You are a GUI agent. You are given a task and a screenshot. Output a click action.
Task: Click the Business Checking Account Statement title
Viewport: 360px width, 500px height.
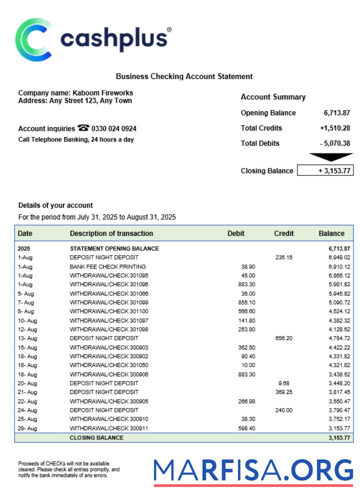pyautogui.click(x=184, y=76)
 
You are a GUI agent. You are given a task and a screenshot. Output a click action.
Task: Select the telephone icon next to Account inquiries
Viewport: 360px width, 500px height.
pyautogui.click(x=83, y=128)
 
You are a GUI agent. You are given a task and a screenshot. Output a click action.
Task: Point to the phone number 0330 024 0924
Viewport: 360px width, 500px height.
pyautogui.click(x=114, y=129)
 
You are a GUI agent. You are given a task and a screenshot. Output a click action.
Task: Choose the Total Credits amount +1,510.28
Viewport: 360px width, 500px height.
pyautogui.click(x=335, y=128)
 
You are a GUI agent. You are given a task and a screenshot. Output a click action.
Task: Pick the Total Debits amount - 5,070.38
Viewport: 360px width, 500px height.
pyautogui.click(x=335, y=143)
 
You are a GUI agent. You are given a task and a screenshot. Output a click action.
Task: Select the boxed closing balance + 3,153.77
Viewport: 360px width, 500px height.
pyautogui.click(x=325, y=171)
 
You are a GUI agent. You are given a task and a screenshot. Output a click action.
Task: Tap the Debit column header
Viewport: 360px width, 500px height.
pyautogui.click(x=236, y=233)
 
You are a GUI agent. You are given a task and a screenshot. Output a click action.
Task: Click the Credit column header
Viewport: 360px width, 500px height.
pyautogui.click(x=283, y=233)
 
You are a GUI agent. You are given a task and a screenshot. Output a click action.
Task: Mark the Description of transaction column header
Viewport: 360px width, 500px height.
pyautogui.click(x=111, y=233)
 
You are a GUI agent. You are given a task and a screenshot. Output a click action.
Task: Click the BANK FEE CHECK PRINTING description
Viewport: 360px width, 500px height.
pyautogui.click(x=107, y=266)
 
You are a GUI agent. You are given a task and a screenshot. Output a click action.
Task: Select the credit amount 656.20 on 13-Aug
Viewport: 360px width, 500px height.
pyautogui.click(x=283, y=338)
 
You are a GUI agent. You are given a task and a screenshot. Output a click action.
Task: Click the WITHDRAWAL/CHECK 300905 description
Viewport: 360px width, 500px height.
pyautogui.click(x=108, y=401)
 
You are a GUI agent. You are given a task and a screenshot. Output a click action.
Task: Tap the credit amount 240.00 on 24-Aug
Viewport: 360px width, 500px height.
pyautogui.click(x=283, y=410)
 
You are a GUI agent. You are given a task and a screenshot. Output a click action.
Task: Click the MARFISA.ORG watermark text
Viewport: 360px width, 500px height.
pyautogui.click(x=253, y=471)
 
